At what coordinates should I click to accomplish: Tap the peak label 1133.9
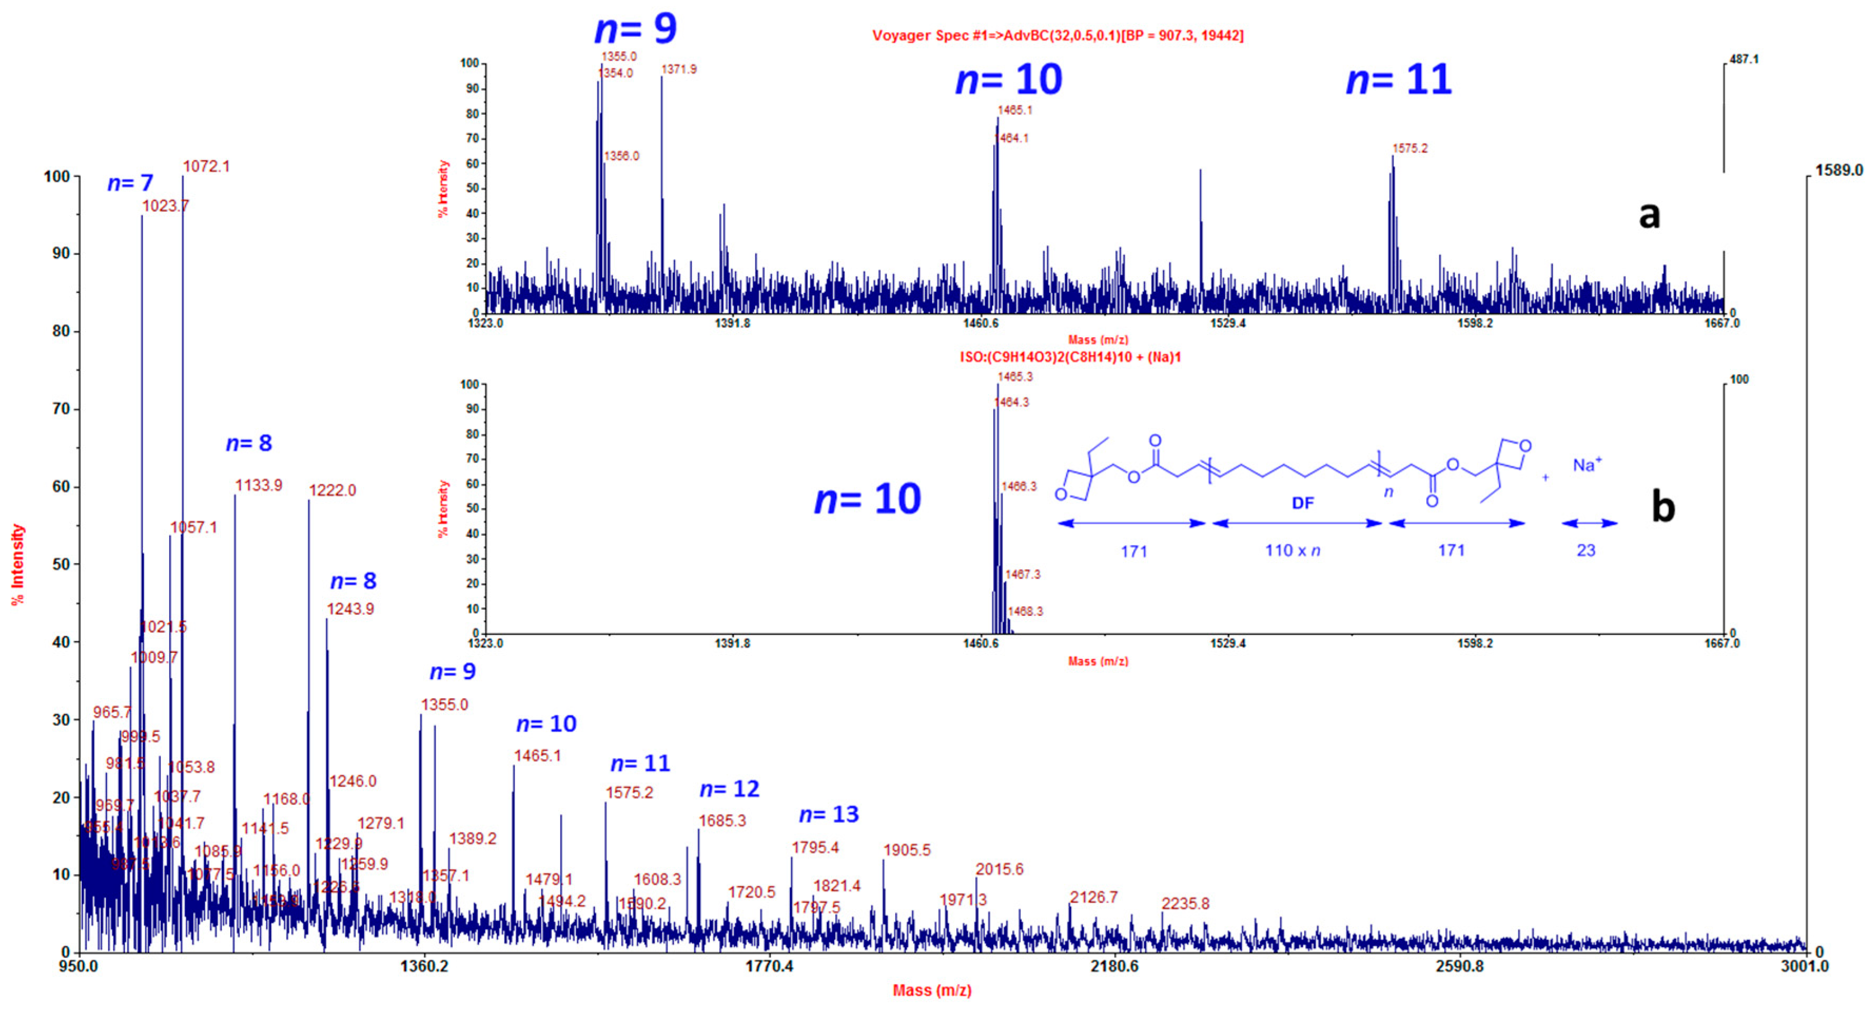click(x=259, y=485)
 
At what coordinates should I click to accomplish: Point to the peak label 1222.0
click(x=333, y=491)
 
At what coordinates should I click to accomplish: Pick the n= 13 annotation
click(x=829, y=815)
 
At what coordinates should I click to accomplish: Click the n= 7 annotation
click(x=131, y=183)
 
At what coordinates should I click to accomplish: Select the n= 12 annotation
click(x=730, y=789)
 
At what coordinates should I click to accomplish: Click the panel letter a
click(x=1650, y=215)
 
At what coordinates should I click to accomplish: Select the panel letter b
click(x=1663, y=506)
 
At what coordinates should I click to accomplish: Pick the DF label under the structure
click(x=1303, y=503)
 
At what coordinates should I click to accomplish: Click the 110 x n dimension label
click(x=1292, y=551)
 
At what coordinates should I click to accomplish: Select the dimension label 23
click(x=1586, y=551)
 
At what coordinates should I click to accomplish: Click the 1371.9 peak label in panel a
click(x=679, y=70)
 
